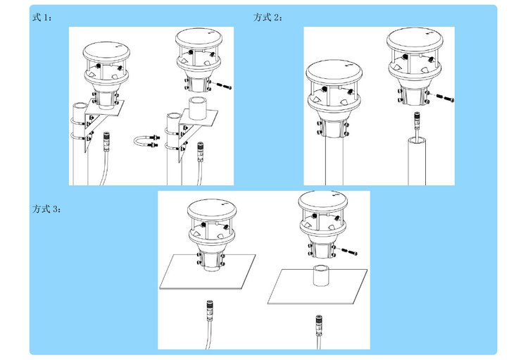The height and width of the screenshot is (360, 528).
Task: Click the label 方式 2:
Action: [268, 17]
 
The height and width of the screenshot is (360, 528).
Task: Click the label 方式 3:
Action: [46, 209]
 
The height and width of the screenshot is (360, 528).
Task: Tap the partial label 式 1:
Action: [42, 17]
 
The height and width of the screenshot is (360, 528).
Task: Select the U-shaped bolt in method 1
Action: [146, 141]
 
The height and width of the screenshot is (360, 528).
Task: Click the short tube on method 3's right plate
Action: [322, 275]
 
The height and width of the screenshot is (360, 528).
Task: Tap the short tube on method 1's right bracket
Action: [198, 108]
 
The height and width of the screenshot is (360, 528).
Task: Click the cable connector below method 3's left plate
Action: [210, 310]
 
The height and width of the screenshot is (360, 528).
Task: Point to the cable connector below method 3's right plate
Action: [318, 323]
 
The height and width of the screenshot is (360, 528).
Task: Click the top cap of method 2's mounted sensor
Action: [334, 72]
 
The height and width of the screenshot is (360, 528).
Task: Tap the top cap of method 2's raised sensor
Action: [415, 39]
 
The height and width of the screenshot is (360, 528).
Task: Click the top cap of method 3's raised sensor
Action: [322, 202]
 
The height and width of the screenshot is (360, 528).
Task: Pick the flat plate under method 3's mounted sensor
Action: [208, 272]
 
